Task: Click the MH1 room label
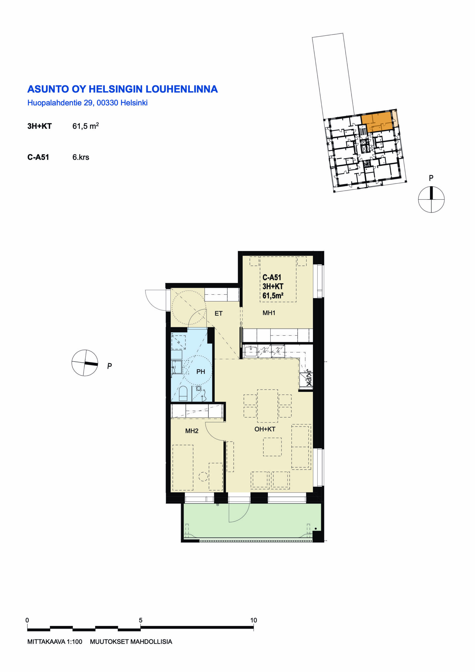click(269, 313)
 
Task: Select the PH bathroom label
click(201, 372)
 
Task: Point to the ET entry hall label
click(218, 313)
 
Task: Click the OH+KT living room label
click(265, 429)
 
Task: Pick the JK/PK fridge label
click(309, 377)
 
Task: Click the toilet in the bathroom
click(183, 393)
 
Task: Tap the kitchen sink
click(251, 351)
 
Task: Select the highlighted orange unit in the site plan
click(377, 122)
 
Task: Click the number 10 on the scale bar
click(253, 620)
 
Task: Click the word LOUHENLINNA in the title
click(182, 89)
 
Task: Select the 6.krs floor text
click(81, 157)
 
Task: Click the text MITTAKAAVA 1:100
click(55, 642)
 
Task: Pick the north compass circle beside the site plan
click(431, 199)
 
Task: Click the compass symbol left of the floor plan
click(85, 363)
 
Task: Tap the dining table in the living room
click(267, 406)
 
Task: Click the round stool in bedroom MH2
click(203, 476)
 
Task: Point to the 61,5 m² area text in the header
click(85, 126)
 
